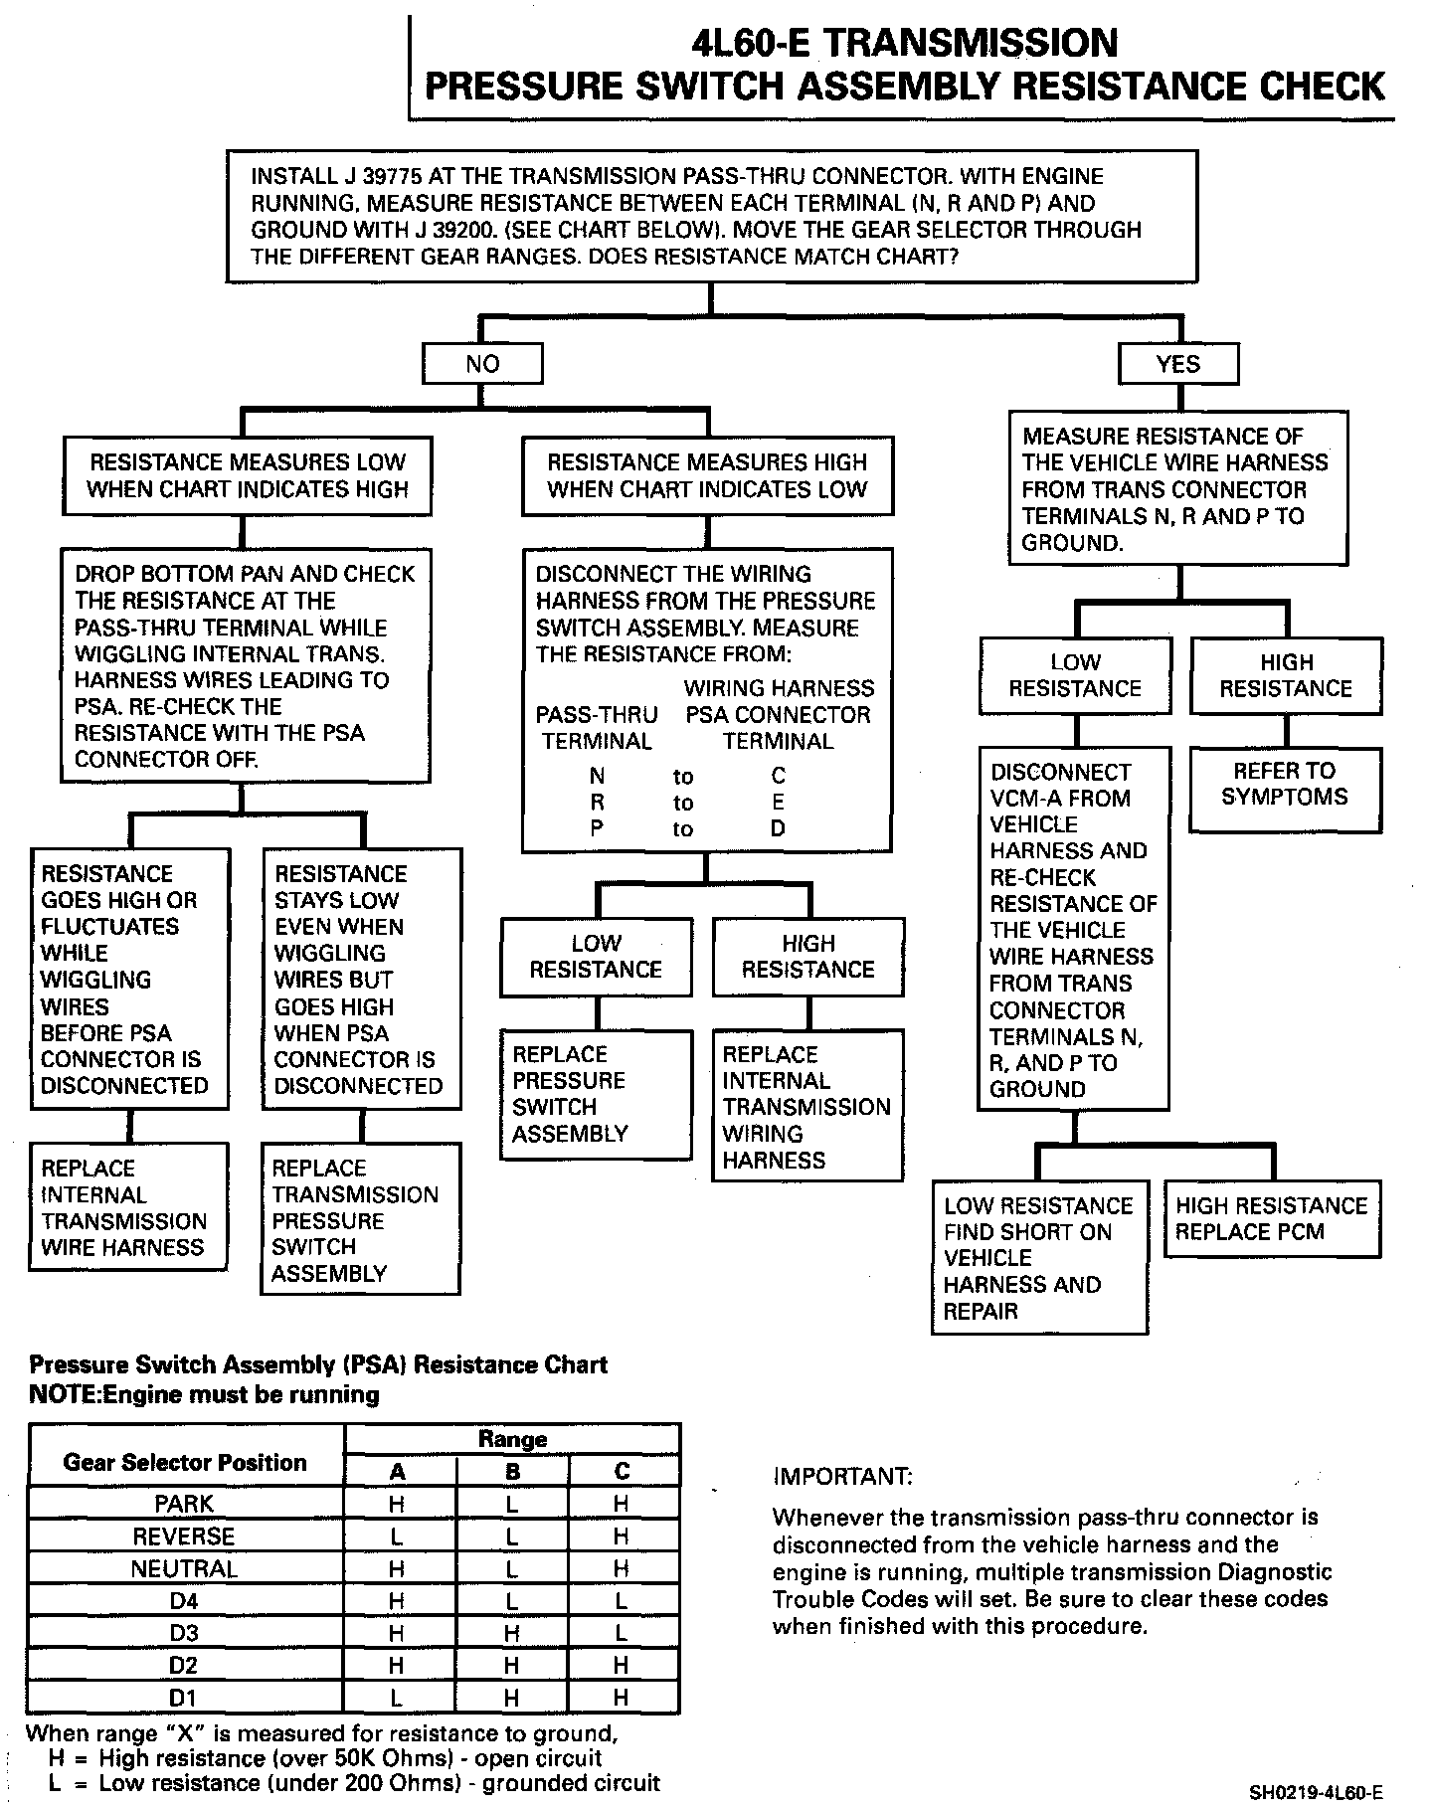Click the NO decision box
coord(482,364)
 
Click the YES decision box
coord(1177,364)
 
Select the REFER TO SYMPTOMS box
coord(1285,784)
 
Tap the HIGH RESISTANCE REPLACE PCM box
coord(1271,1219)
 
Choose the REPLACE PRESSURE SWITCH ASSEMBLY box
coord(596,1094)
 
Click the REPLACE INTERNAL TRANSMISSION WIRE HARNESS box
coord(129,1207)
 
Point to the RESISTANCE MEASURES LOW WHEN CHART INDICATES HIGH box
coord(247,476)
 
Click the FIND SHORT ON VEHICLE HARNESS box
coord(1039,1258)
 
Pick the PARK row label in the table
coord(185,1504)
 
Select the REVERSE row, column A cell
coord(397,1537)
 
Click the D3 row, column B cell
coord(512,1634)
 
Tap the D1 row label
coord(185,1698)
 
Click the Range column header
coord(512,1439)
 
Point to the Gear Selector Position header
coord(185,1462)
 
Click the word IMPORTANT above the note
coord(841,1476)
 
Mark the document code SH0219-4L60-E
coord(1315,1794)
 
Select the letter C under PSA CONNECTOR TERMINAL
coord(778,776)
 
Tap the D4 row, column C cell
coord(622,1601)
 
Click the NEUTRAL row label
coord(185,1569)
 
